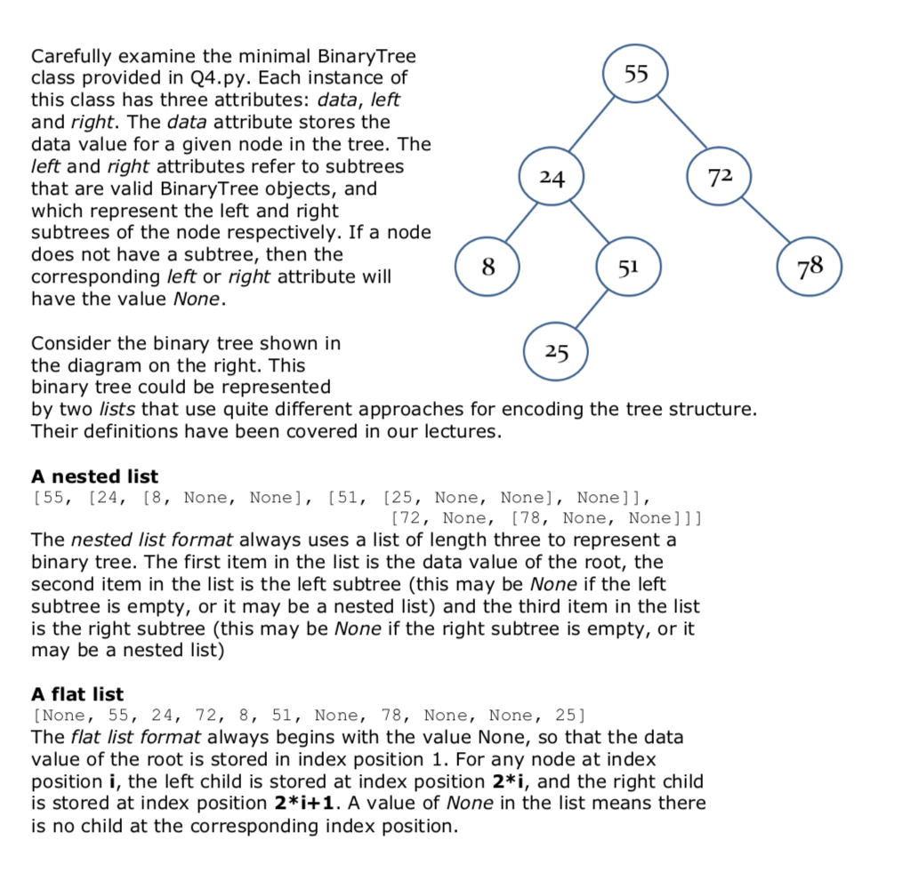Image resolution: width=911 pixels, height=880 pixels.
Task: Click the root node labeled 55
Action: pyautogui.click(x=635, y=73)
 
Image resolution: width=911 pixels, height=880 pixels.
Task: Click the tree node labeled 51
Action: pyautogui.click(x=628, y=268)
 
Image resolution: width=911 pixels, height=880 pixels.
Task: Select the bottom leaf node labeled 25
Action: pyautogui.click(x=557, y=351)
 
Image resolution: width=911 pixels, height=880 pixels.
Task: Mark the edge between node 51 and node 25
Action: pyautogui.click(x=592, y=310)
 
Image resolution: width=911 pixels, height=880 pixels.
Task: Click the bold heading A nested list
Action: pyautogui.click(x=94, y=476)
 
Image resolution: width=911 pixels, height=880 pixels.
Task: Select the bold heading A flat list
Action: pyautogui.click(x=77, y=694)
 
